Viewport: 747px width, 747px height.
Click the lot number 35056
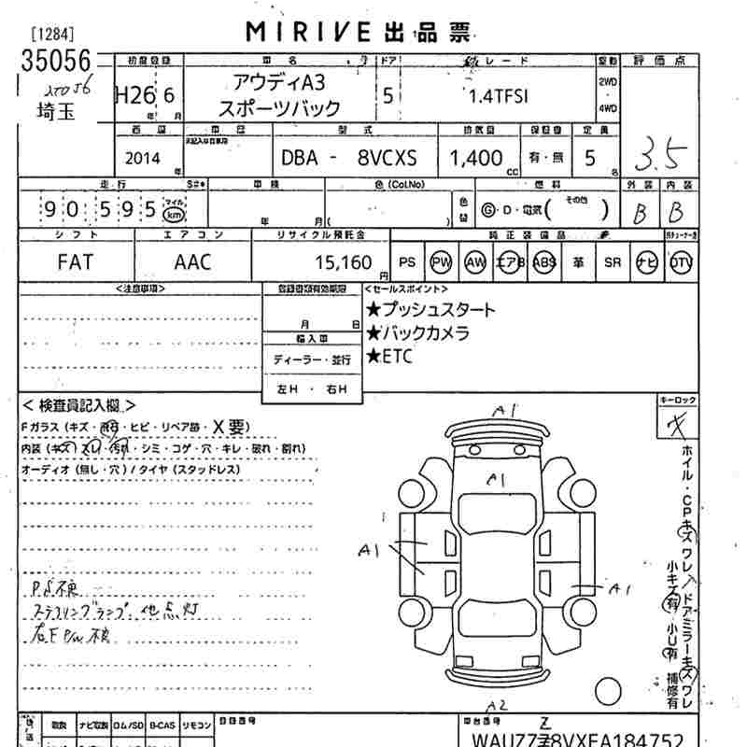pyautogui.click(x=56, y=63)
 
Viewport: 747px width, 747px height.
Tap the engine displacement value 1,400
pyautogui.click(x=475, y=158)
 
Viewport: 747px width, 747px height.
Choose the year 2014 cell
pyautogui.click(x=141, y=158)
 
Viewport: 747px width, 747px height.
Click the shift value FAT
pyautogui.click(x=76, y=262)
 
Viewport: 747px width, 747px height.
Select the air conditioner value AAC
pyautogui.click(x=192, y=262)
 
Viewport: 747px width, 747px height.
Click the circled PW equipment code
pyautogui.click(x=441, y=262)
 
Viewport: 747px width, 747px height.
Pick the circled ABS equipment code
pyautogui.click(x=544, y=262)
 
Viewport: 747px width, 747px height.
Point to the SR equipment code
pyautogui.click(x=613, y=262)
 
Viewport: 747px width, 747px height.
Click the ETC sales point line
pyautogui.click(x=389, y=356)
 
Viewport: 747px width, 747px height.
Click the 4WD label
pyautogui.click(x=608, y=108)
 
